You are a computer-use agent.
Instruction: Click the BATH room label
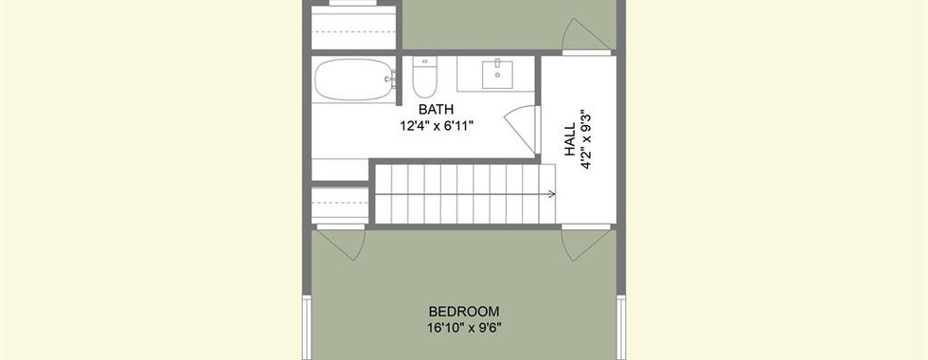click(x=437, y=110)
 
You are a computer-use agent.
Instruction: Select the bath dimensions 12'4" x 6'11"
click(x=437, y=125)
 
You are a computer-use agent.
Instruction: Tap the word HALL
click(x=569, y=140)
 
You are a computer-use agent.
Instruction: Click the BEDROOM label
click(x=464, y=312)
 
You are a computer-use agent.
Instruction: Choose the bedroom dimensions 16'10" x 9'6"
click(x=464, y=328)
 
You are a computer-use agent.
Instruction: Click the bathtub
click(x=354, y=80)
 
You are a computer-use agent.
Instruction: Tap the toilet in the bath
click(x=424, y=77)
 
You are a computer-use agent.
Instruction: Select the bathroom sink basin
click(x=497, y=74)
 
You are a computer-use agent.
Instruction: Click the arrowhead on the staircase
click(x=551, y=193)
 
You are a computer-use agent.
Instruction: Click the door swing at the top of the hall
click(x=585, y=35)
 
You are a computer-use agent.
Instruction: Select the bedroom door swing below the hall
click(x=585, y=243)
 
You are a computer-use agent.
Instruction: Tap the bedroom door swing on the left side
click(x=341, y=243)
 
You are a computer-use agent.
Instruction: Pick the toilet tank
click(x=424, y=62)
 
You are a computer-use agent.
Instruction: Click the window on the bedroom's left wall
click(x=307, y=327)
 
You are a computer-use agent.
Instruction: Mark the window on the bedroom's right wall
click(x=621, y=327)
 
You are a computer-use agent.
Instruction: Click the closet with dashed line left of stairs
click(x=340, y=203)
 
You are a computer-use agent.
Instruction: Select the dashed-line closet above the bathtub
click(x=353, y=27)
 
